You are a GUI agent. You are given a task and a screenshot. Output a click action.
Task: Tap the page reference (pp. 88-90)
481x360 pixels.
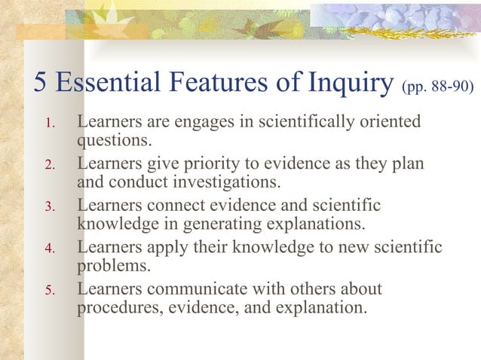(x=438, y=87)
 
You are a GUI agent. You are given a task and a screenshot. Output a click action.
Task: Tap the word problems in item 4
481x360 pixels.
(x=112, y=266)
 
